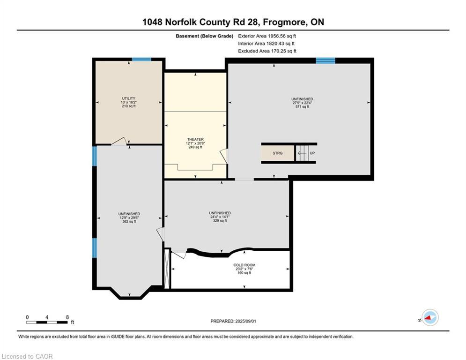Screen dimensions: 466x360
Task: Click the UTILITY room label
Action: click(129, 98)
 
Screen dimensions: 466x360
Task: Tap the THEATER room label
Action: click(196, 140)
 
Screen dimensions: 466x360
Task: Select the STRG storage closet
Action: click(278, 153)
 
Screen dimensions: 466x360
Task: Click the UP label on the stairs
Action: click(312, 153)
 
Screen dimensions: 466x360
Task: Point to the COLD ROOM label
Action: click(244, 265)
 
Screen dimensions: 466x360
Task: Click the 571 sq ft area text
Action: click(302, 107)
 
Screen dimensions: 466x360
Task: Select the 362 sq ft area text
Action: click(129, 221)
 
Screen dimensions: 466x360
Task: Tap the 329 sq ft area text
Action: click(220, 221)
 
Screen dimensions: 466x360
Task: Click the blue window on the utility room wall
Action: click(141, 60)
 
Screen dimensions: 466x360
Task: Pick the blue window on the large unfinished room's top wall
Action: click(325, 60)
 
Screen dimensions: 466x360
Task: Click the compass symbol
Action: click(430, 317)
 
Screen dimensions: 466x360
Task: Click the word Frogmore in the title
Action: click(285, 22)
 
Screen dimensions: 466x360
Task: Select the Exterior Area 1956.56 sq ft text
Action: click(267, 36)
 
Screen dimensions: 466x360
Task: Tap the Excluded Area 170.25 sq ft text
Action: click(267, 51)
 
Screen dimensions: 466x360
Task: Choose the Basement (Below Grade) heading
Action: click(205, 36)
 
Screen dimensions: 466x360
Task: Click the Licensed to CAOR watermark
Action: click(27, 356)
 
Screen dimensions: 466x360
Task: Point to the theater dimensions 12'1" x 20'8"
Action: click(196, 143)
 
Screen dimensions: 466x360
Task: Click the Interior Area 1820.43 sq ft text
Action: click(266, 44)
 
